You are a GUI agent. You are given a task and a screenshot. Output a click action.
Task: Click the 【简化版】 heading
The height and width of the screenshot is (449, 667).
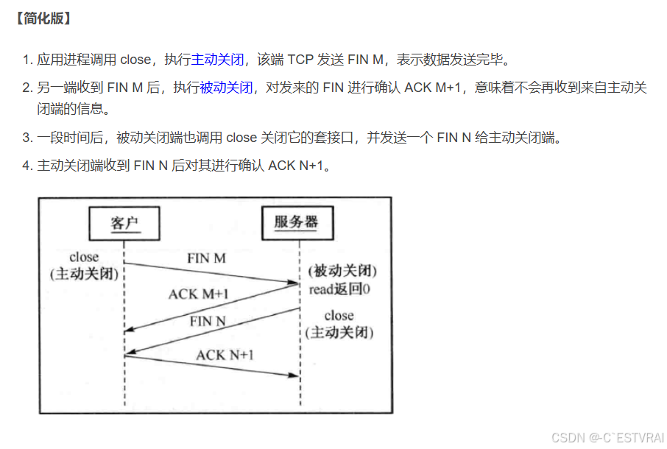tap(42, 18)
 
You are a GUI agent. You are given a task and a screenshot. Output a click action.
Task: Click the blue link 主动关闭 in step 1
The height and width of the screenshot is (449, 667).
tap(217, 60)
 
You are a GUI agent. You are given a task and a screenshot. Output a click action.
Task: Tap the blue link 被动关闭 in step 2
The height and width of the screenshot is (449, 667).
tap(226, 88)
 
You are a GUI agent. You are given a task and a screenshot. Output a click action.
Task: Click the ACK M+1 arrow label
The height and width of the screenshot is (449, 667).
tap(198, 294)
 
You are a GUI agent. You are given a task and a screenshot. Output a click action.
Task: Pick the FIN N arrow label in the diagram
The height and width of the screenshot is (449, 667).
tap(208, 321)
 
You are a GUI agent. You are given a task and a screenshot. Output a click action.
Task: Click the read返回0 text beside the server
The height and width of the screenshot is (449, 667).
tap(339, 289)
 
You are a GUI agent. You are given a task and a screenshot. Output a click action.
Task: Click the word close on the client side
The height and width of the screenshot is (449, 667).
tap(83, 257)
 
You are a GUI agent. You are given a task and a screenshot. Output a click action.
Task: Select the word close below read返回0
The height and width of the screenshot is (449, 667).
tap(339, 315)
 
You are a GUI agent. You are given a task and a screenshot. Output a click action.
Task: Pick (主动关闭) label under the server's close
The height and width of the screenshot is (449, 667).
tap(339, 332)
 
